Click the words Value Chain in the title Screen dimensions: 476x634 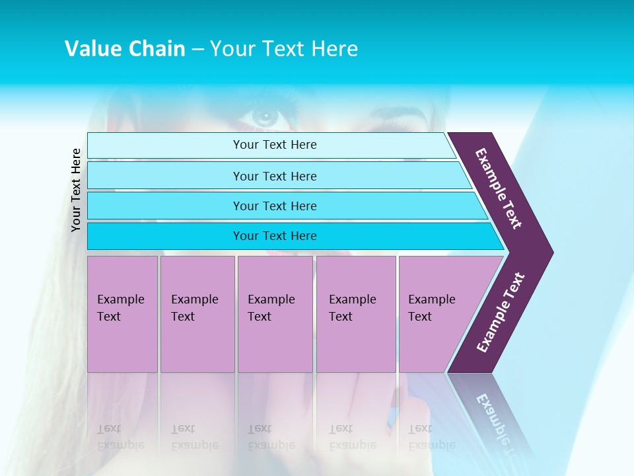(x=125, y=48)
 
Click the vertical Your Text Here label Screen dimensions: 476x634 (x=76, y=190)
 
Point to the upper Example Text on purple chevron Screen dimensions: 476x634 (x=499, y=188)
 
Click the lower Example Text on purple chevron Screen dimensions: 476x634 (x=501, y=313)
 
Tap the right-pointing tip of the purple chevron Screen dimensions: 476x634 (x=548, y=252)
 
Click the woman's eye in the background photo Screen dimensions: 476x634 (x=265, y=118)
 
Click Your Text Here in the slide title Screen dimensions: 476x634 (x=284, y=48)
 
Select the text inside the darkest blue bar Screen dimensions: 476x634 (x=275, y=236)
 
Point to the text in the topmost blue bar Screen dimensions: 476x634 (x=275, y=145)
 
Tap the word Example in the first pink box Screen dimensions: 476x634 (x=120, y=299)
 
